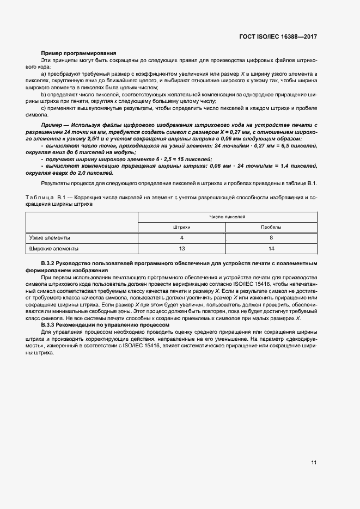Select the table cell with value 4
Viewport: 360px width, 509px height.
pyautogui.click(x=181, y=238)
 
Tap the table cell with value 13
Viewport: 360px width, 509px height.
pyautogui.click(x=181, y=249)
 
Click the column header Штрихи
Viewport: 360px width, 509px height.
pyautogui.click(x=181, y=227)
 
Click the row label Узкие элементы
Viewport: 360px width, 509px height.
pyautogui.click(x=50, y=238)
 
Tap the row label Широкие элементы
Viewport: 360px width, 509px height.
pyautogui.click(x=54, y=249)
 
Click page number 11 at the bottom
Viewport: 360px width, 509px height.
pyautogui.click(x=314, y=463)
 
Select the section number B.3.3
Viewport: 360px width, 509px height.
pyautogui.click(x=49, y=325)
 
